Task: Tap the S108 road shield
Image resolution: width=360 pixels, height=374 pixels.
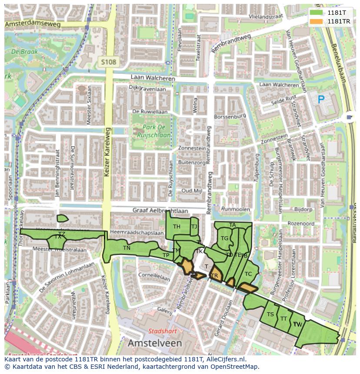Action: tap(108, 62)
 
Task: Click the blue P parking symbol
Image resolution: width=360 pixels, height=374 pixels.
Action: tap(321, 100)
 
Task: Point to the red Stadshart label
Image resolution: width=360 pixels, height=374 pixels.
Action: tap(161, 331)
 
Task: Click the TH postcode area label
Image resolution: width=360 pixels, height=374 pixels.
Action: tap(177, 227)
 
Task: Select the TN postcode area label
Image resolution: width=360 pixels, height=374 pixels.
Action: tap(127, 248)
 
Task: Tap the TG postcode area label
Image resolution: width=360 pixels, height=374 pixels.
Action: tap(224, 238)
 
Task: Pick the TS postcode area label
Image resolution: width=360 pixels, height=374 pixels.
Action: tap(270, 314)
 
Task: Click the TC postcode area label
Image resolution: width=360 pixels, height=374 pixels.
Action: tap(248, 274)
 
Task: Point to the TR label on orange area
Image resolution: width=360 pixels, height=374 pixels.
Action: tap(214, 276)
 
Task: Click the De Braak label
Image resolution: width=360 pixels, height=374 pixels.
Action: tap(24, 52)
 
